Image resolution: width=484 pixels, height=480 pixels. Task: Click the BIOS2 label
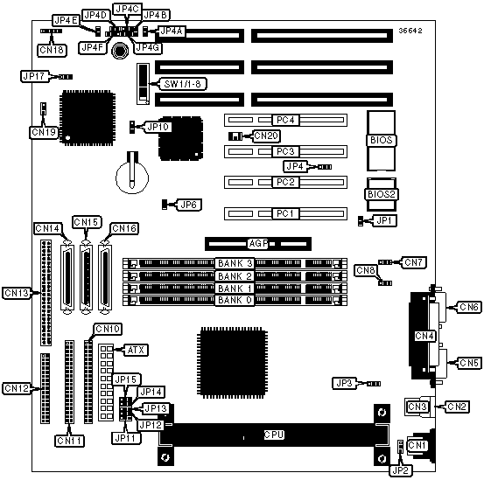pyautogui.click(x=382, y=194)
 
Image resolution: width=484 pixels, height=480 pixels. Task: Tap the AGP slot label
pyautogui.click(x=259, y=244)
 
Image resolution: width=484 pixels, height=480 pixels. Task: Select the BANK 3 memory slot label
pyautogui.click(x=235, y=263)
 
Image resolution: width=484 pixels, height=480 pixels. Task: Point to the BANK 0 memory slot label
pyautogui.click(x=235, y=300)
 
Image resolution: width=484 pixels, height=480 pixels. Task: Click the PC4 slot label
pyautogui.click(x=285, y=120)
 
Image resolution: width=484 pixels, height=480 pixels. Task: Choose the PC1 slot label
pyautogui.click(x=285, y=213)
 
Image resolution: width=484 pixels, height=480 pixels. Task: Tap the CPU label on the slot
pyautogui.click(x=274, y=435)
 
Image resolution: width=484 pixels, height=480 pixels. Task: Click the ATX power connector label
pyautogui.click(x=136, y=351)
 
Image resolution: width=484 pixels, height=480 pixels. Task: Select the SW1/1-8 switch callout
pyautogui.click(x=182, y=84)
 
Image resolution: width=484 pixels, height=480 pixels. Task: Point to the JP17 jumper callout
pyautogui.click(x=34, y=76)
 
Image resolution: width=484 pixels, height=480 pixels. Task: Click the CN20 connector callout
pyautogui.click(x=266, y=136)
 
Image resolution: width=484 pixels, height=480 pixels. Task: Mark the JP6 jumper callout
pyautogui.click(x=188, y=205)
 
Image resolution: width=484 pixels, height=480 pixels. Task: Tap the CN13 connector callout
pyautogui.click(x=17, y=293)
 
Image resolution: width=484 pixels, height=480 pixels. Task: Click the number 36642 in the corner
pyautogui.click(x=410, y=31)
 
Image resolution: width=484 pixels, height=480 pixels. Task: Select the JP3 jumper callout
pyautogui.click(x=344, y=383)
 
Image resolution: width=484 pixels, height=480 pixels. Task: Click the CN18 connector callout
pyautogui.click(x=52, y=50)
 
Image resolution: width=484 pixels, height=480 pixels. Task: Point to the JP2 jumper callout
pyautogui.click(x=401, y=470)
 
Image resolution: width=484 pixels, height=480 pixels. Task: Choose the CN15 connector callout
pyautogui.click(x=87, y=222)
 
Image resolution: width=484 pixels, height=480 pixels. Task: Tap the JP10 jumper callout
pyautogui.click(x=158, y=127)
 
